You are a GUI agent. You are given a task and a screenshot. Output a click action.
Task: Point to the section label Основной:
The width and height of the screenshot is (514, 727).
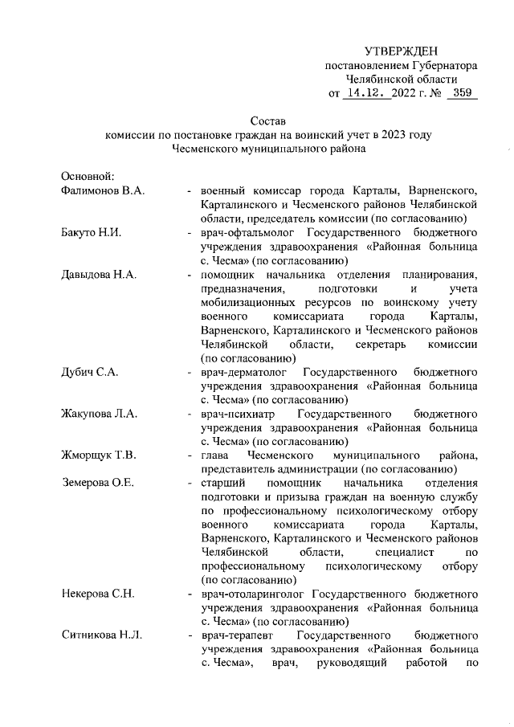[x=89, y=176]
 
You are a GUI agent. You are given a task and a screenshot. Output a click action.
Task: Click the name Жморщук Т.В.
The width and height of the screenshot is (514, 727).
[x=98, y=456]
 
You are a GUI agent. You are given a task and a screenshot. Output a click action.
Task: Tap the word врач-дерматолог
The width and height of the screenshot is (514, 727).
[x=243, y=373]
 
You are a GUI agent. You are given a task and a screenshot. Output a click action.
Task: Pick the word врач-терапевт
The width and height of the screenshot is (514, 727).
[x=237, y=637]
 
